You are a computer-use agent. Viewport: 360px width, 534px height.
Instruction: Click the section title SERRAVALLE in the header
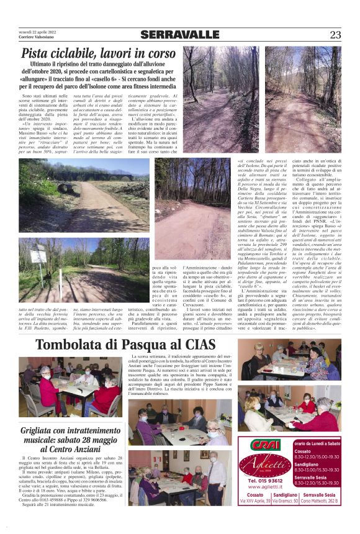tap(180, 35)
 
